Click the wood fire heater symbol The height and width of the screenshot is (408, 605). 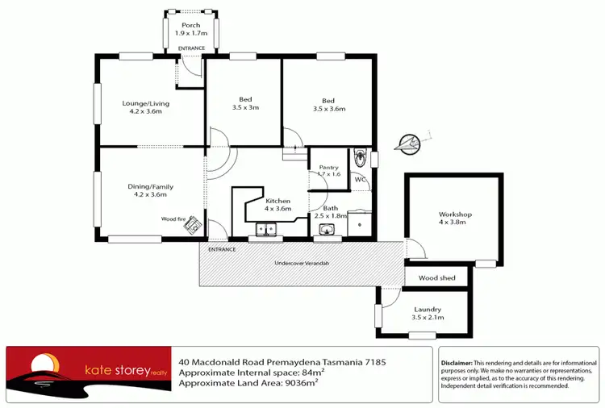(192, 227)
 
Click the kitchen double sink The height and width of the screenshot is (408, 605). (266, 231)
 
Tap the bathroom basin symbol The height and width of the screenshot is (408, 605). (327, 231)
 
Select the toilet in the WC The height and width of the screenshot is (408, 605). (361, 156)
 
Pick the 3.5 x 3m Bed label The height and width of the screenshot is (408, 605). (245, 103)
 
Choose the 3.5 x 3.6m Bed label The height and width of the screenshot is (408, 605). (328, 105)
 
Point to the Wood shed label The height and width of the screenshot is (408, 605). (436, 278)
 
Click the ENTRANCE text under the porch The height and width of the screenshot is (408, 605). (192, 48)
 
